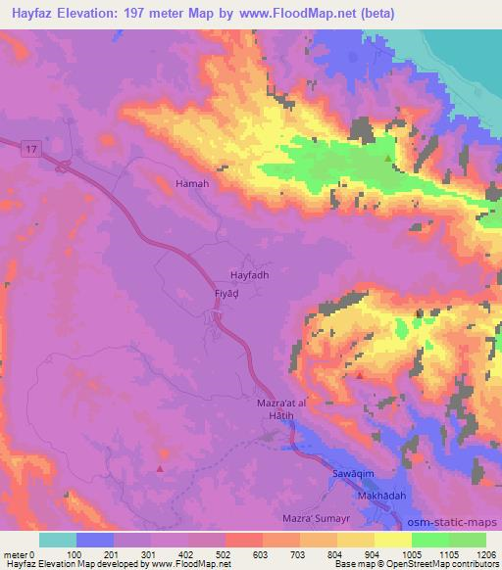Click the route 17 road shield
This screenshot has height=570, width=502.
coord(31,148)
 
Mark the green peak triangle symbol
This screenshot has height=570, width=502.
coord(388,158)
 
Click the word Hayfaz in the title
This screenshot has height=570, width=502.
coord(31,13)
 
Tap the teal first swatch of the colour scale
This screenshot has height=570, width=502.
coord(58,540)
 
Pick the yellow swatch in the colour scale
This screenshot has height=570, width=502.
coord(393,540)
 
